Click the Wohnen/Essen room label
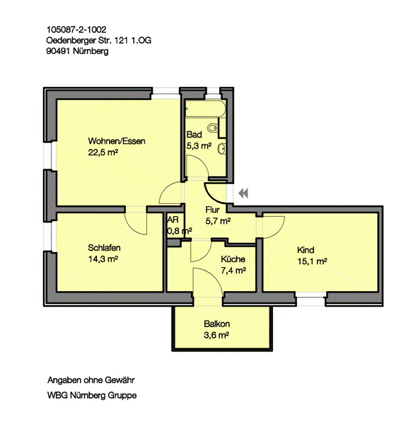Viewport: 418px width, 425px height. click(117, 141)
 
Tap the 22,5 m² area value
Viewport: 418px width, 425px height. click(103, 152)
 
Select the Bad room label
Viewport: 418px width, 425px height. click(194, 135)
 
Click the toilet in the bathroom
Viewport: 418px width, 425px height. click(212, 127)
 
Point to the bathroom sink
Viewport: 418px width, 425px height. click(222, 149)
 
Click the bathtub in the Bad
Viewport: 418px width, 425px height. click(205, 108)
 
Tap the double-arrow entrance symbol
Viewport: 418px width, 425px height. click(243, 193)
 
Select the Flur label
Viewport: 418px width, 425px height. click(212, 210)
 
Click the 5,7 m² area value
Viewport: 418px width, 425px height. click(218, 221)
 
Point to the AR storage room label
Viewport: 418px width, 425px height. click(173, 220)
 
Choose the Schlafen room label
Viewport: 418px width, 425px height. click(104, 248)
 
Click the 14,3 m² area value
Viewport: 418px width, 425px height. click(103, 259)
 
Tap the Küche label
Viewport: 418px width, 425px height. click(233, 259)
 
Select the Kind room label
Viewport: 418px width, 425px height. click(306, 250)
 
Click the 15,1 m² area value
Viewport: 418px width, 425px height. click(312, 261)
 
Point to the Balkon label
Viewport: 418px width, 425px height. click(217, 324)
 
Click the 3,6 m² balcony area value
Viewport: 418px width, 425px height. click(216, 335)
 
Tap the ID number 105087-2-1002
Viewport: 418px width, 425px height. click(76, 29)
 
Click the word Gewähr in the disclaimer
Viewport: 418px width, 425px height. click(120, 380)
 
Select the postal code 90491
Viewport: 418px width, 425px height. click(58, 51)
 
